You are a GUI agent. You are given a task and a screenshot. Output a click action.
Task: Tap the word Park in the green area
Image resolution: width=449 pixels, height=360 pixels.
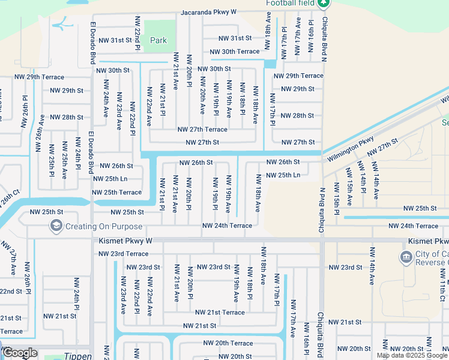pos(158,40)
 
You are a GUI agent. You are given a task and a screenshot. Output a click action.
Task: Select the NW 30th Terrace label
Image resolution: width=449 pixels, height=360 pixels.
pos(232,52)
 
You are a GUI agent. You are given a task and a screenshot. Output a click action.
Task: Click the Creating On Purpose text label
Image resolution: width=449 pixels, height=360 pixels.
pos(104,226)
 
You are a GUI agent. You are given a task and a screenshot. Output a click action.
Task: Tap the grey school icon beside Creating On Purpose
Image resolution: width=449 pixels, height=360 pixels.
pos(56,226)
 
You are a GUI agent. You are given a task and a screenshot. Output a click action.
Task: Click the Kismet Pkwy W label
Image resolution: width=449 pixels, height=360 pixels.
pos(125,241)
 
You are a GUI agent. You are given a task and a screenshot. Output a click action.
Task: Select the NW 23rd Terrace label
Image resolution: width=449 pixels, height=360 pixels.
pos(123,254)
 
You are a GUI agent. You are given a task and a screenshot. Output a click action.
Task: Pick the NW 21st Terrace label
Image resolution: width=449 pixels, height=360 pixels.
pos(220,312)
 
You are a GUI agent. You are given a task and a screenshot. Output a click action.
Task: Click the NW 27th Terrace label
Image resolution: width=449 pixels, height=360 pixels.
pos(202,129)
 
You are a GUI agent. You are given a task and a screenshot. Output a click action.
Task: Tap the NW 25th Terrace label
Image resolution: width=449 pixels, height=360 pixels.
pos(116,192)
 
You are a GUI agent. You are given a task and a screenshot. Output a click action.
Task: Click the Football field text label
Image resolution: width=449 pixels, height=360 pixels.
pos(291,3)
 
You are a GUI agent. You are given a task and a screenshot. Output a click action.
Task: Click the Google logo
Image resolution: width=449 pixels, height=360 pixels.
pos(20,352)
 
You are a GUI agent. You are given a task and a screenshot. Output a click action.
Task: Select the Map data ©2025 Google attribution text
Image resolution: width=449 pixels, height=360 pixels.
pos(412,355)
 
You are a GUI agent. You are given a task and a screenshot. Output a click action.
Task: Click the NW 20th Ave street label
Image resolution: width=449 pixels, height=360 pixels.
pos(202,100)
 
